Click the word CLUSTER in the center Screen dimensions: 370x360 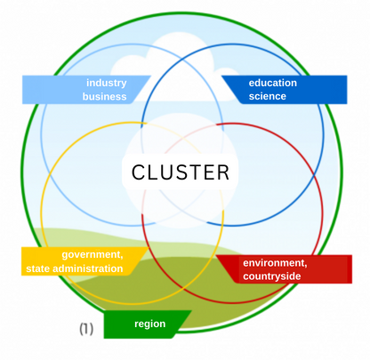(x=181, y=172)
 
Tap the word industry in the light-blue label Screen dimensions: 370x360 (x=107, y=84)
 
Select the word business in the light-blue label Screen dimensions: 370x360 (x=104, y=97)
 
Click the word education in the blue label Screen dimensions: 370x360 (x=273, y=83)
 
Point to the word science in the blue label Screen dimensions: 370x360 (x=268, y=96)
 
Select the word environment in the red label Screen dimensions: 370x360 (x=275, y=263)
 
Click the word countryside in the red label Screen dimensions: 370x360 (x=272, y=276)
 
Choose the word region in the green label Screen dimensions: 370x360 (x=150, y=324)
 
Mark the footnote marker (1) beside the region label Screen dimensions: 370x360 (x=86, y=329)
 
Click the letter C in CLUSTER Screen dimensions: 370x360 (x=138, y=172)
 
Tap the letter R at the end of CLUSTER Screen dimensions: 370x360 (x=223, y=172)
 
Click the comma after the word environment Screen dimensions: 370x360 (x=305, y=267)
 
